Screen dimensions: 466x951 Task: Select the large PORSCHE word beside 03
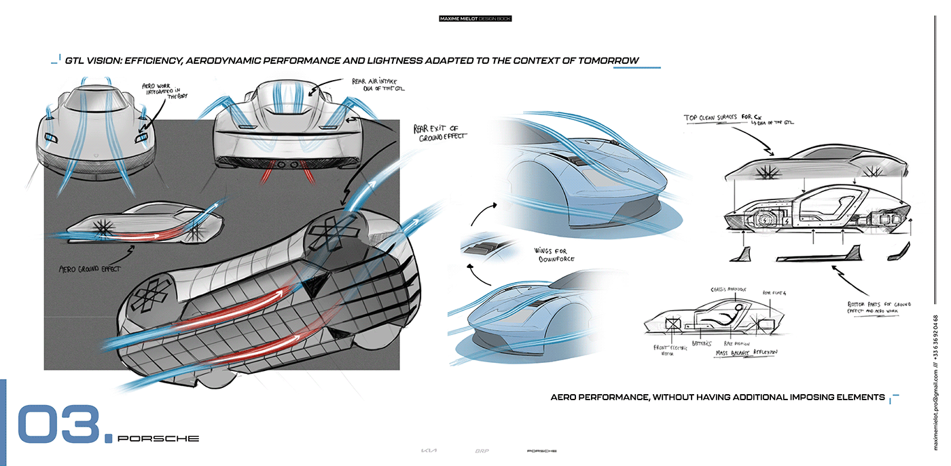[158, 439]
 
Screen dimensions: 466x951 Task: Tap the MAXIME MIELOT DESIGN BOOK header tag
[475, 19]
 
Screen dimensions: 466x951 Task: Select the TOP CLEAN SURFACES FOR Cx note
[738, 119]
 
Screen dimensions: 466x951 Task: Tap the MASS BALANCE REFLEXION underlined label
[746, 353]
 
